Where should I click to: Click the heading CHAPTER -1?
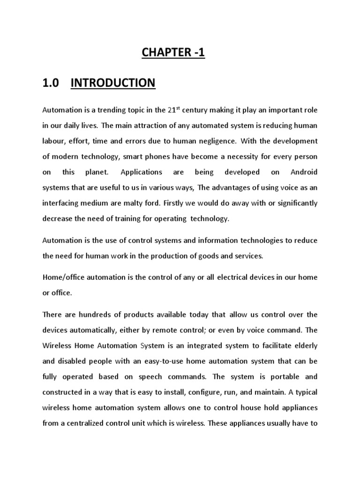[174, 53]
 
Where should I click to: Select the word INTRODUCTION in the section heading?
[112, 83]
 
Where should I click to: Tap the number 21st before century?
[173, 110]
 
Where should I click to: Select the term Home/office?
[61, 277]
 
